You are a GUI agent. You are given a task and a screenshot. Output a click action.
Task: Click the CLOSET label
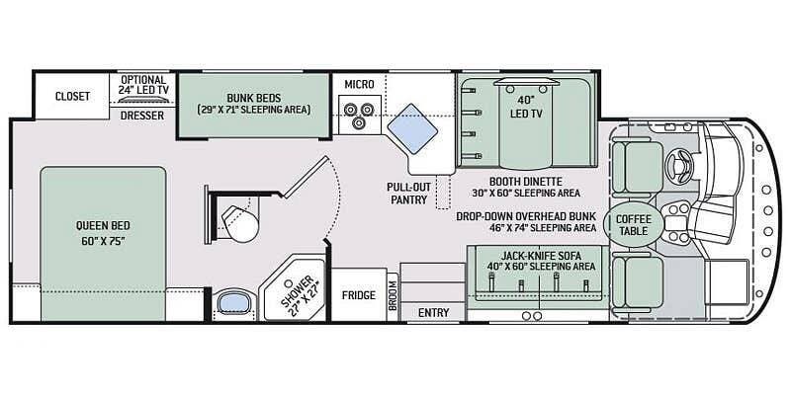(x=72, y=96)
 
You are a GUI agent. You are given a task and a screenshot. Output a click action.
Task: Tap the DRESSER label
(x=142, y=116)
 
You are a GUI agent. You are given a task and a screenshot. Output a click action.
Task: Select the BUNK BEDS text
(x=254, y=98)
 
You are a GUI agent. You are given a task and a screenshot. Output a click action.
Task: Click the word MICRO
(x=359, y=84)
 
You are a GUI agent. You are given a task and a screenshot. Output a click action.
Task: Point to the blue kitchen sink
(x=412, y=129)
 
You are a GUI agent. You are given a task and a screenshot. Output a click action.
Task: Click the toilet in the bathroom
(x=239, y=221)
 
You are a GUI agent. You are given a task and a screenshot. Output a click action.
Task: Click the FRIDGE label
(x=359, y=295)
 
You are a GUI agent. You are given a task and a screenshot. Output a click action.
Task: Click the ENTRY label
(x=434, y=313)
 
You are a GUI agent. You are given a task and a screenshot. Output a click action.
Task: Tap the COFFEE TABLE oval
(x=634, y=225)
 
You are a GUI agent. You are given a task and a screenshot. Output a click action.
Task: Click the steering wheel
(x=677, y=165)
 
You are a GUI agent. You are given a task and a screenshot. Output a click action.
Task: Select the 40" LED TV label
(x=526, y=108)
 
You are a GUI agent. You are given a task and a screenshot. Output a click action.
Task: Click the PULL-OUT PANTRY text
(x=409, y=193)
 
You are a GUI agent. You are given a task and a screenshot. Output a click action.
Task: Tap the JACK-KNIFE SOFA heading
(x=541, y=256)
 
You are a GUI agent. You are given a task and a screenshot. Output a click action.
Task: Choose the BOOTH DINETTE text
(x=526, y=182)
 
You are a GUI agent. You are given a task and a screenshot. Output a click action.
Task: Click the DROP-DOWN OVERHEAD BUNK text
(x=526, y=216)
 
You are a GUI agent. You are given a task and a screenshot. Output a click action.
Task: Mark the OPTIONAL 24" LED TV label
(x=143, y=85)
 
